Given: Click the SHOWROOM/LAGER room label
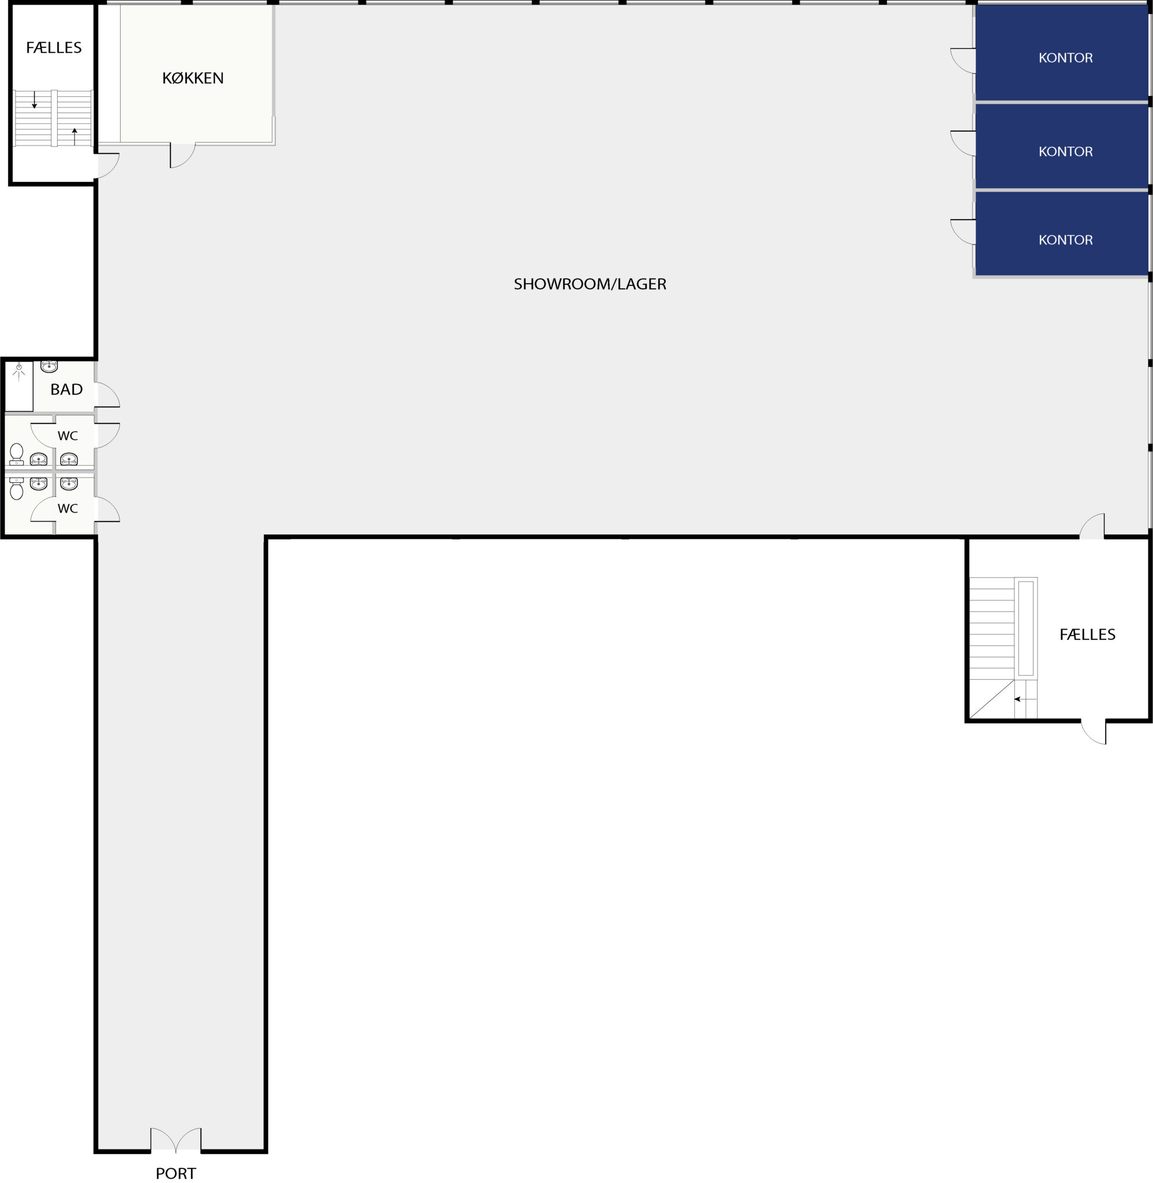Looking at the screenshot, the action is coord(590,284).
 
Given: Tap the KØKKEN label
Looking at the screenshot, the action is coord(193,78).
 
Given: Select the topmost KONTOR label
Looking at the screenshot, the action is coord(1065,58).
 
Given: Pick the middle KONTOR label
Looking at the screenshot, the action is coord(1065,151).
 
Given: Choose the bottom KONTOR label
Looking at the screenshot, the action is coord(1065,240).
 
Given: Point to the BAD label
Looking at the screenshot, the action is coord(66,389).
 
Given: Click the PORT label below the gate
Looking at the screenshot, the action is coord(176,1173).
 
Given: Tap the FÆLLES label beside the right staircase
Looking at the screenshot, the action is coord(1087,634).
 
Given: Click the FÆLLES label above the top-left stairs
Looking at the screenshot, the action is coord(53,47).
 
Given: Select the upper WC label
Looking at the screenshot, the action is coord(67,436).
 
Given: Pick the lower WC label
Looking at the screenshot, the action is coord(67,508).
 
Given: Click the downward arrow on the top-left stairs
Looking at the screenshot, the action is coord(35,100).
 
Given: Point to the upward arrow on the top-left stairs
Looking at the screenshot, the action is coord(74,136).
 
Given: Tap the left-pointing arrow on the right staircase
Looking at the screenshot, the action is coord(1025,699).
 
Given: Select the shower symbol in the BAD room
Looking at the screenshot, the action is coord(19,371).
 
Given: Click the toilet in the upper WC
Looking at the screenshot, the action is coord(16,454).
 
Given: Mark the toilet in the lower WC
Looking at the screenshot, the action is coord(16,488).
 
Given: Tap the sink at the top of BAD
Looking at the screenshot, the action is coord(49,366).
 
